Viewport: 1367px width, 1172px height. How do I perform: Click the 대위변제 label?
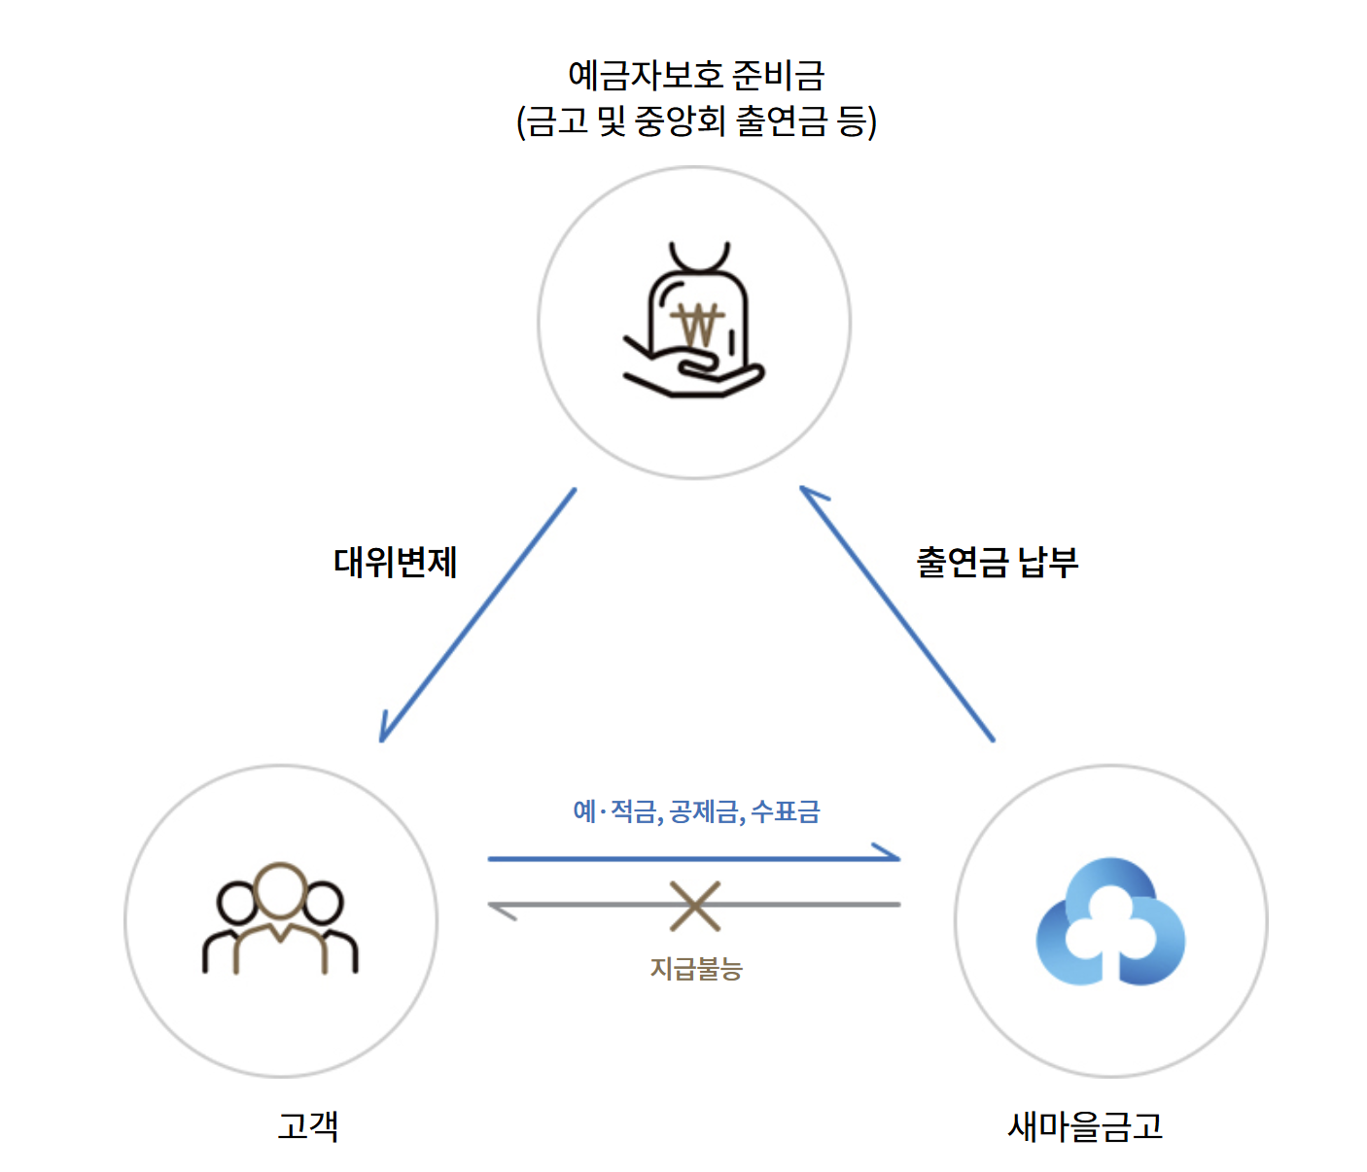click(395, 563)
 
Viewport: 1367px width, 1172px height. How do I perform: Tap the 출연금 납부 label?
click(997, 563)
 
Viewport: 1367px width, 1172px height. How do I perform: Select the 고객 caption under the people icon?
click(307, 1125)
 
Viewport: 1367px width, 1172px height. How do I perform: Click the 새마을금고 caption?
click(1085, 1125)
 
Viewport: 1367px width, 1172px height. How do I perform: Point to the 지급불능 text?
click(696, 968)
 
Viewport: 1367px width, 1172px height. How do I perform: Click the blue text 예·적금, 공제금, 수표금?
click(696, 811)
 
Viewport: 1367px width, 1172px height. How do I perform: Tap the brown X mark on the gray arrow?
click(695, 906)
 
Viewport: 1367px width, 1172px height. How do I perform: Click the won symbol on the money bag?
click(697, 325)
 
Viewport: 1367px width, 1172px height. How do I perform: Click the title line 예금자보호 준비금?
click(696, 75)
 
